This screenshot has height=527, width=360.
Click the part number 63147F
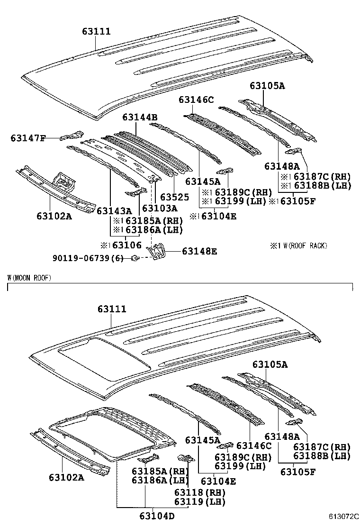[x=28, y=138]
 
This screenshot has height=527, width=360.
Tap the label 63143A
[x=114, y=210]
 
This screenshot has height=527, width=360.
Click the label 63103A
[x=160, y=208]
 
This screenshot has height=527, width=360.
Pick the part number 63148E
[x=199, y=252]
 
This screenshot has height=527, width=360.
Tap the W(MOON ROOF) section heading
[x=29, y=277]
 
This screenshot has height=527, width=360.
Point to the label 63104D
[x=156, y=516]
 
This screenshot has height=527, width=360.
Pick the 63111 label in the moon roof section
[x=112, y=309]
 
